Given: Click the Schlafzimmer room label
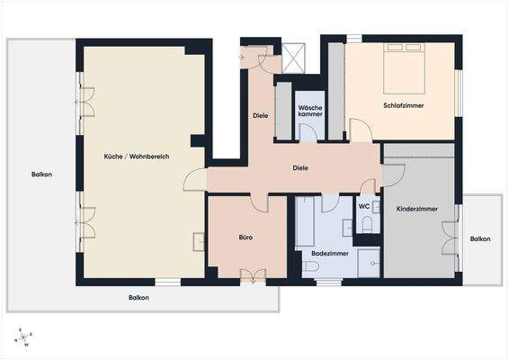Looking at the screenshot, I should pos(403,106).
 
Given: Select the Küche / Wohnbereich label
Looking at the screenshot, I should pos(136,157).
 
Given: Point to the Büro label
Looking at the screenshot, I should pos(245,238).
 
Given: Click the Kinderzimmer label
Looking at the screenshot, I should pos(417,209).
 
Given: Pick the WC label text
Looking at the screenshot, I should pos(364,206).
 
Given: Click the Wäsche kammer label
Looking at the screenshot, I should pos(310,111).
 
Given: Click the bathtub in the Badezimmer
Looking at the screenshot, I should pos(305,222).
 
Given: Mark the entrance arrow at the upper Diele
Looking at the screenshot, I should pos(245,57).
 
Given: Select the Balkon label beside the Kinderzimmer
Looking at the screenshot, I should pos(480,238).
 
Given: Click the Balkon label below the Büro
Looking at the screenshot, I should pos(138,298).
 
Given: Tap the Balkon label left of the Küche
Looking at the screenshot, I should pos(41,175).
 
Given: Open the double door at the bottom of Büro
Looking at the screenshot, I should pos(251,274).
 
